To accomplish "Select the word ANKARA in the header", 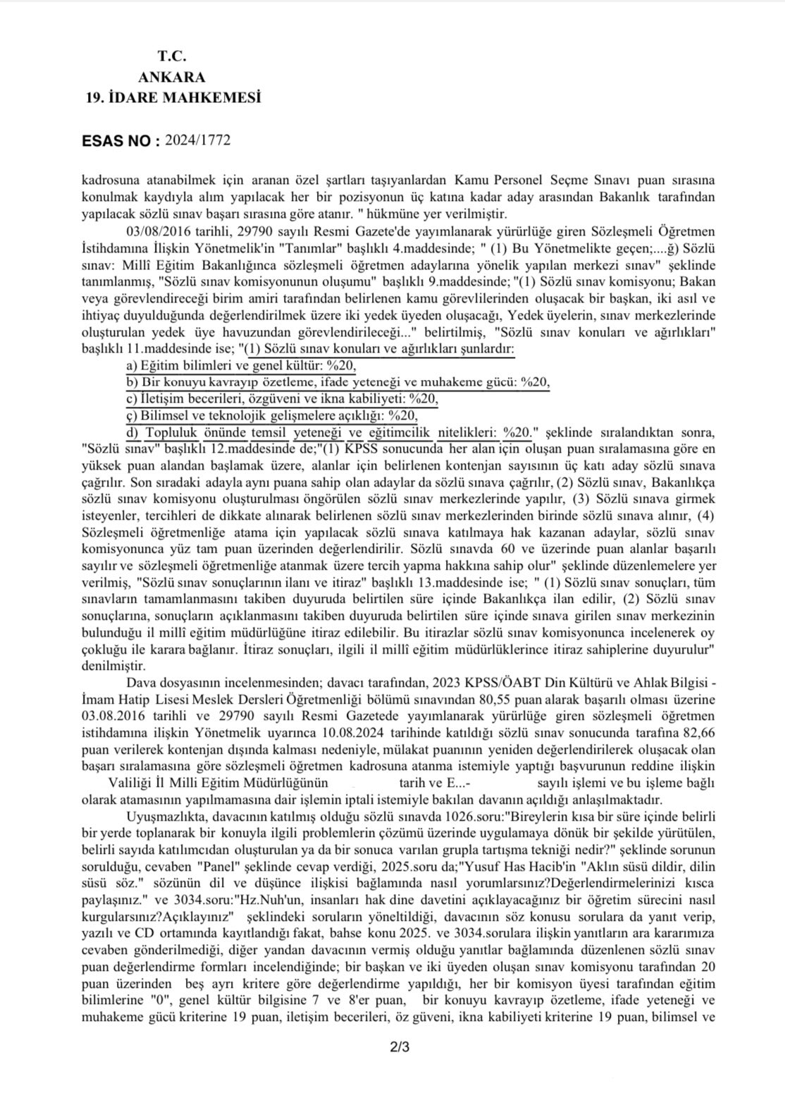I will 173,77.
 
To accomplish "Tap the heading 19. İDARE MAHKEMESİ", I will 173,97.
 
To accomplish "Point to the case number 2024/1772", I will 197,140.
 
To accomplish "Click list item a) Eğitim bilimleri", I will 241,365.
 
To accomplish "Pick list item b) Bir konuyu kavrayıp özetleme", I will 338,381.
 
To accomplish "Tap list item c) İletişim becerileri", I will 282,398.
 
